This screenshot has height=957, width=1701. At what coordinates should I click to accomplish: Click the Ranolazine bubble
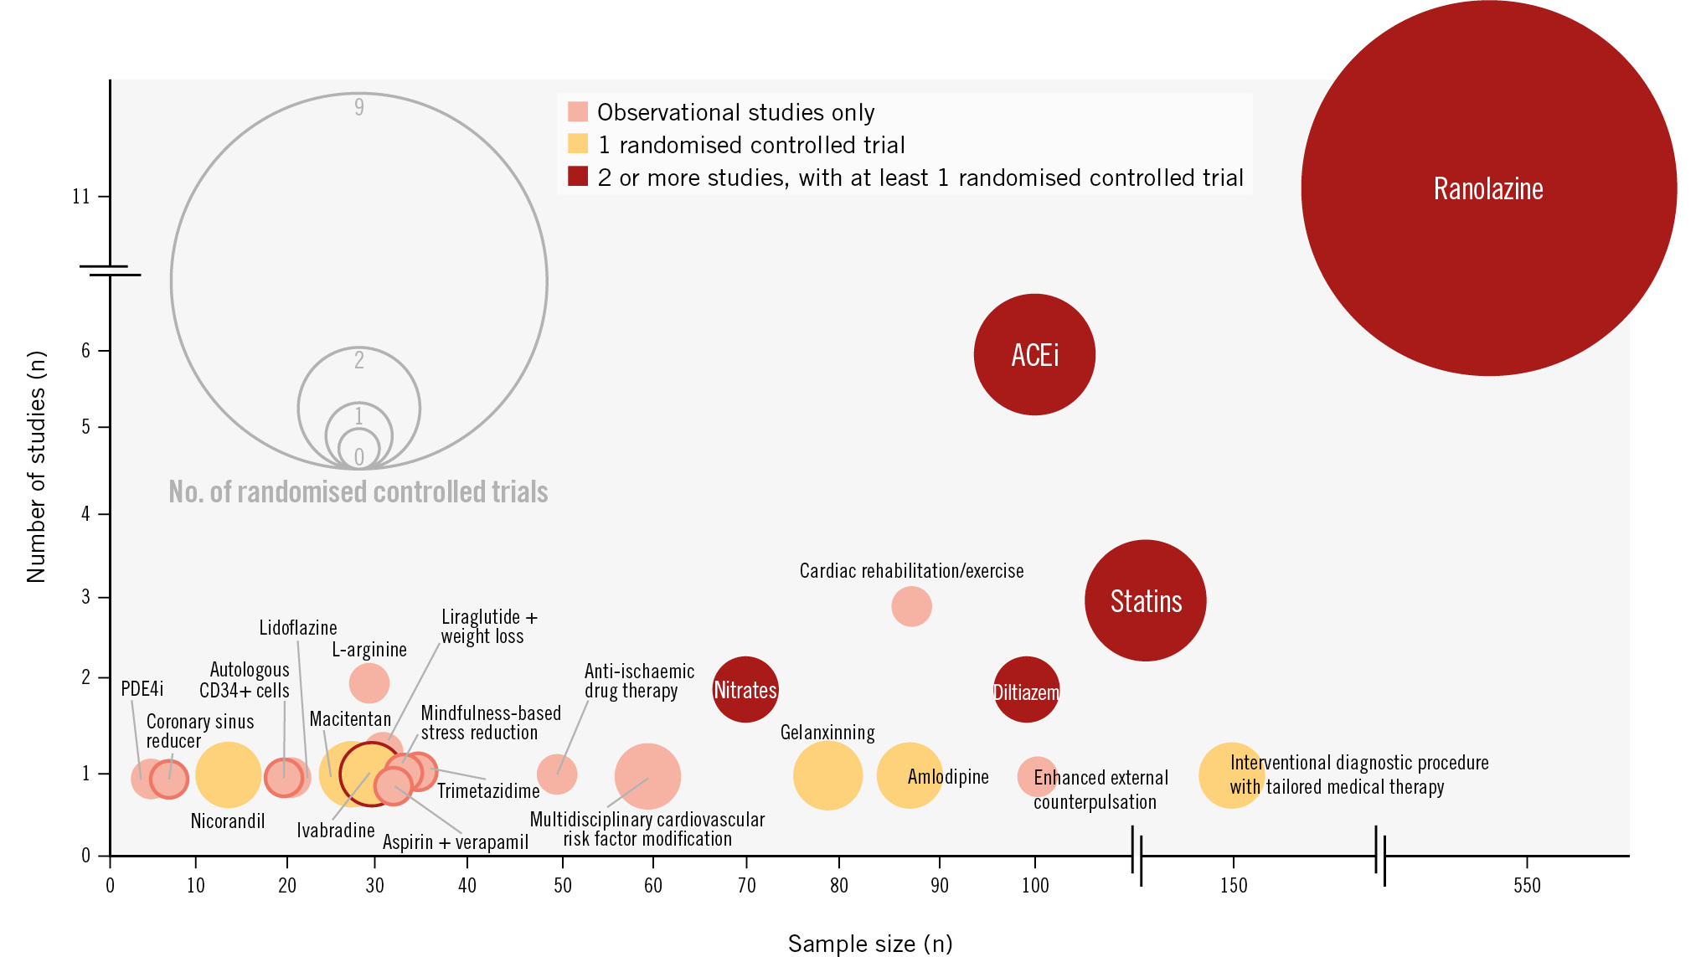1488,188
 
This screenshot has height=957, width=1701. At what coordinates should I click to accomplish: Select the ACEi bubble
1034,354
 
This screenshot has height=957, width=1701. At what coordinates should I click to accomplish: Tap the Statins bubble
1145,600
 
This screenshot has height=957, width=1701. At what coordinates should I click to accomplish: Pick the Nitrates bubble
745,689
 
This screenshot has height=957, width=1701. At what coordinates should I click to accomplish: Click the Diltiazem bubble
1026,691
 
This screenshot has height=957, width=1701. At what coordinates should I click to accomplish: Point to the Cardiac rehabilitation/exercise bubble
911,606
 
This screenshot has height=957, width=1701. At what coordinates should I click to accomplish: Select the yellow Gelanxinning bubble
827,776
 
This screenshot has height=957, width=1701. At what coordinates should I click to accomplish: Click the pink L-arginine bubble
369,683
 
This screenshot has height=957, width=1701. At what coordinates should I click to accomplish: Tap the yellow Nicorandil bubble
228,774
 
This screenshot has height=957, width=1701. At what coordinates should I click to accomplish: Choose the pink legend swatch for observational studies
578,111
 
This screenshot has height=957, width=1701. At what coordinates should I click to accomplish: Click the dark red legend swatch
578,177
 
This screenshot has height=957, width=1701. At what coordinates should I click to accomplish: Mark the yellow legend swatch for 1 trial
578,144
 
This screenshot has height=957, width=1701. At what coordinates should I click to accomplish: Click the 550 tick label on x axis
1527,886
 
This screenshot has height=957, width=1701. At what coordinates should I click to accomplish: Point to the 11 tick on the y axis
81,197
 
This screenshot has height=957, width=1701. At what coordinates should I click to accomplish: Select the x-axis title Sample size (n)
870,944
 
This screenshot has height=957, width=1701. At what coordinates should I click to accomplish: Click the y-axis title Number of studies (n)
36,466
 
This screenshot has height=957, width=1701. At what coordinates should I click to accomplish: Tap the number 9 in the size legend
359,107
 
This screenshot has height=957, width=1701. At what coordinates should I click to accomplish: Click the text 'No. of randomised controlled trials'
358,491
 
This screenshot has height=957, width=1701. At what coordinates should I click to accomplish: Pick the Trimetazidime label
488,791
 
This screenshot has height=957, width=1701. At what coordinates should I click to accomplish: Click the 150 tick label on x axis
1233,886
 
